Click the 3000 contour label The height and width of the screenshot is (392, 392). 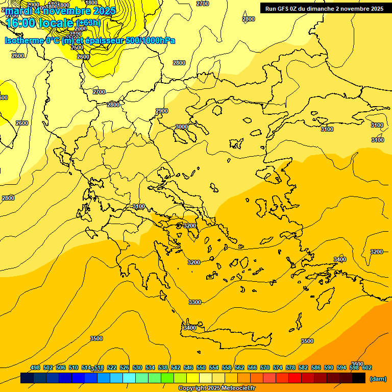(181, 127)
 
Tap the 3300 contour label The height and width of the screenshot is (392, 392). (195, 302)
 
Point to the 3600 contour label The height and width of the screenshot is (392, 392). (357, 364)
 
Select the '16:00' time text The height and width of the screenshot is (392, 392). (22, 23)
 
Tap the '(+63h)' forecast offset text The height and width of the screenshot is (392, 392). (88, 23)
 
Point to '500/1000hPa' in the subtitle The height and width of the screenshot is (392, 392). (150, 40)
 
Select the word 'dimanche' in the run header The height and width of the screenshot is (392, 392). (320, 9)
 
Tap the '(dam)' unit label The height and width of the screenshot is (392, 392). (378, 378)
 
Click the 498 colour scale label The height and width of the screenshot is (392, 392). (35, 367)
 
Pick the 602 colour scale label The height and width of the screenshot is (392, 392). (367, 367)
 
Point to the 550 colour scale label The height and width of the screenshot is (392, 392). (201, 367)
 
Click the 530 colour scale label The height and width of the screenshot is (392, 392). (137, 367)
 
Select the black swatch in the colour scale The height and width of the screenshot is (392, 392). (359, 378)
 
